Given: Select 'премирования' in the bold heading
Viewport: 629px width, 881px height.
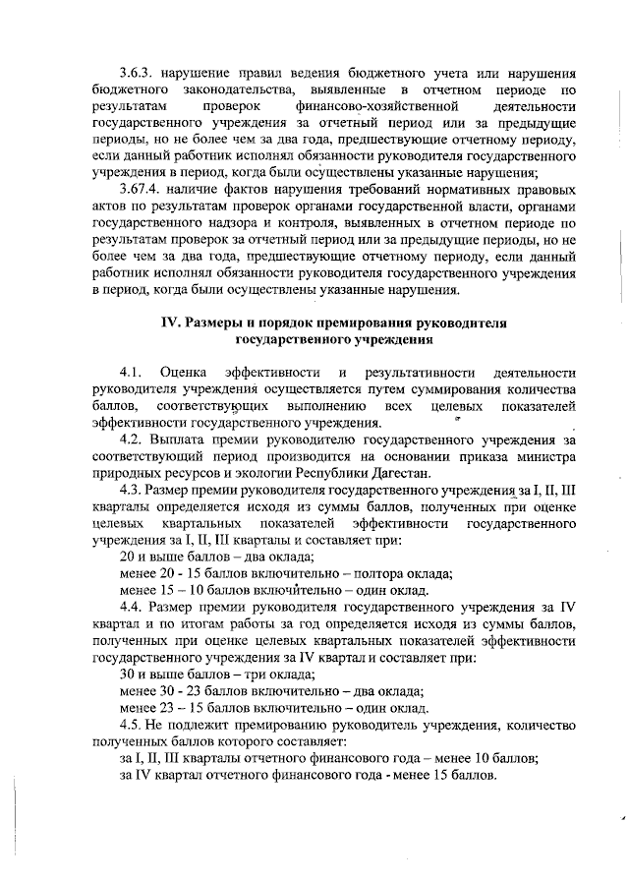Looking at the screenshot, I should click(x=378, y=323).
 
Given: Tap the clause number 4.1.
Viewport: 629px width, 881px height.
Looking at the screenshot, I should click(x=132, y=374).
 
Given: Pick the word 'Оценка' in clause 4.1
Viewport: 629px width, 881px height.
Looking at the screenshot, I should click(x=184, y=374).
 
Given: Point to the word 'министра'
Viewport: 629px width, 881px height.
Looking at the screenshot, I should click(x=544, y=457).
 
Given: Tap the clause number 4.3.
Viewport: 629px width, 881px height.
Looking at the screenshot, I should click(x=132, y=490).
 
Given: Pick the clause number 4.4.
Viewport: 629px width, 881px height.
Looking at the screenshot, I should click(x=132, y=608).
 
